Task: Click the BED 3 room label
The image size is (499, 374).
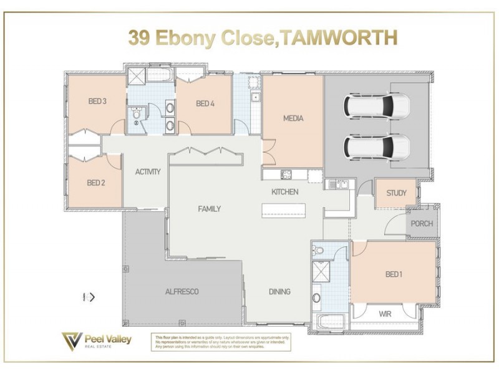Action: click(x=97, y=102)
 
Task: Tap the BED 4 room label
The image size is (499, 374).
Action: click(x=205, y=103)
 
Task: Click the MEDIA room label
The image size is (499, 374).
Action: click(x=293, y=118)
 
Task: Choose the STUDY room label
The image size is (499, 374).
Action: click(x=396, y=193)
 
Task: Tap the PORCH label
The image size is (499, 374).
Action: click(x=421, y=224)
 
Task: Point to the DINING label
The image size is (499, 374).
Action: click(x=279, y=292)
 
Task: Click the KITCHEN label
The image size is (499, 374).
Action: click(x=284, y=192)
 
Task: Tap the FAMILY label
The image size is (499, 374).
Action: click(x=209, y=209)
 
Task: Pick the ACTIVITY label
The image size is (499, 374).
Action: click(x=148, y=171)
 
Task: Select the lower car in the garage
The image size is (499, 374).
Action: click(x=377, y=147)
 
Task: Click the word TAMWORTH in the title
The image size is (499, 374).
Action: click(x=337, y=39)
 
